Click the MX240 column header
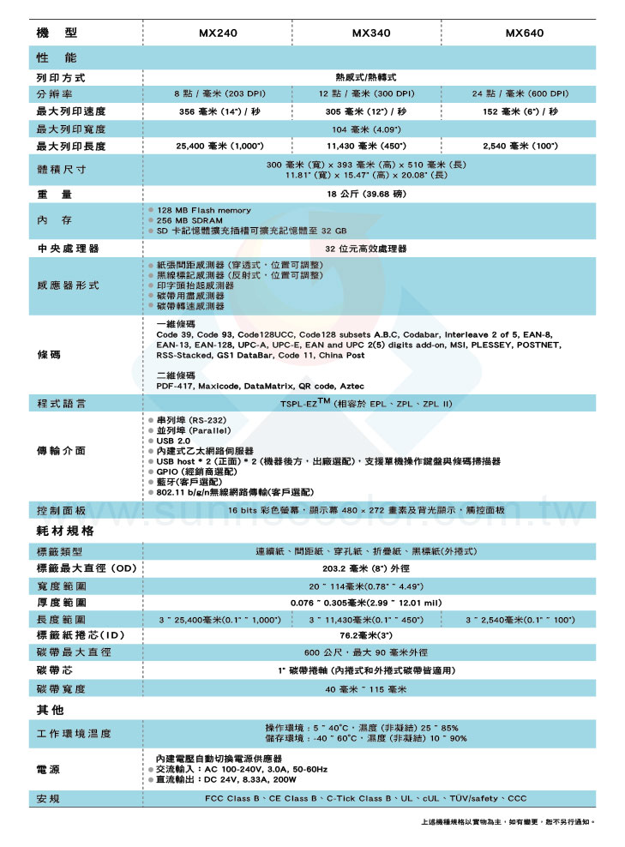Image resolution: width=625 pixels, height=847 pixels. click(x=218, y=33)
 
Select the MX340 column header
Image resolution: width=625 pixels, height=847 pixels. click(x=371, y=33)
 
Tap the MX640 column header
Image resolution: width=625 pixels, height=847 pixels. click(x=524, y=33)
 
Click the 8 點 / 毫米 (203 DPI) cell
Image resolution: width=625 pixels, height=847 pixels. click(x=218, y=93)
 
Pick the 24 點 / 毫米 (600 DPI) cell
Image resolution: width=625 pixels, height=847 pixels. click(x=520, y=93)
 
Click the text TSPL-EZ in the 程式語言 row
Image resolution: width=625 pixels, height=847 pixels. click(x=301, y=403)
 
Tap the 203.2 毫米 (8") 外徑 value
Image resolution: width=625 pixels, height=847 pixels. click(x=369, y=568)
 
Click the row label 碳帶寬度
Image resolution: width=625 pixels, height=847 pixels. click(x=62, y=688)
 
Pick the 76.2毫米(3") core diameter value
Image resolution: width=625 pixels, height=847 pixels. click(x=367, y=635)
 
